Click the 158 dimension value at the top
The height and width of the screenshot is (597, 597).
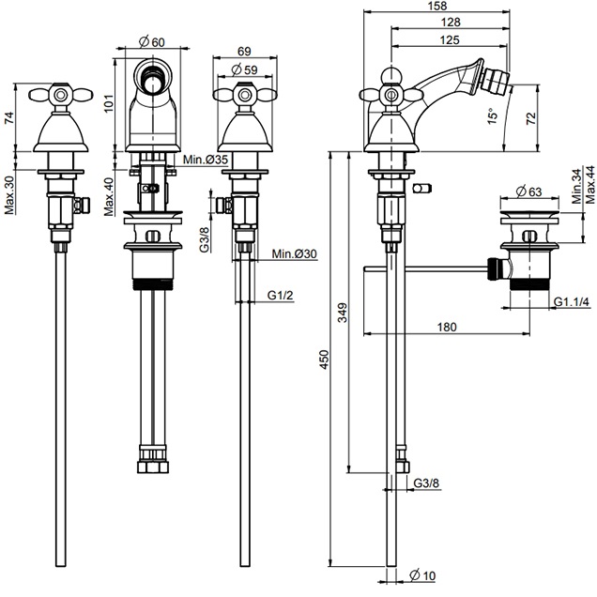[437, 6]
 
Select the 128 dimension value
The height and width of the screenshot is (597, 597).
[451, 23]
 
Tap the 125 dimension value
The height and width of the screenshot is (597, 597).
[450, 39]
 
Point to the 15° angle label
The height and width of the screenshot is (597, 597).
[492, 116]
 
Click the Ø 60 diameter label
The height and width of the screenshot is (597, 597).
[152, 41]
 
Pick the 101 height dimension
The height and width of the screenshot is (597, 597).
[109, 103]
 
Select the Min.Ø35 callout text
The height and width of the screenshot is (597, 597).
[206, 160]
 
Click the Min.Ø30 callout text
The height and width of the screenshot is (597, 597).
[294, 253]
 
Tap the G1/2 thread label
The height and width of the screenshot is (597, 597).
[281, 295]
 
